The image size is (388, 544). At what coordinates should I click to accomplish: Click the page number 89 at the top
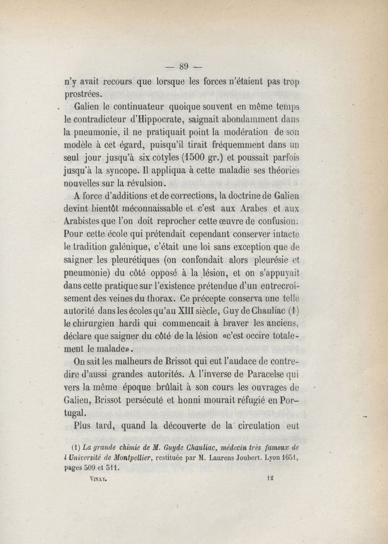183,67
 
